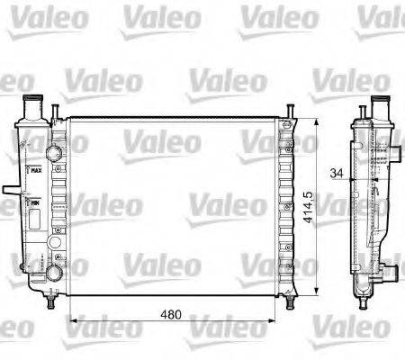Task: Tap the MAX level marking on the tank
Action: click(x=36, y=168)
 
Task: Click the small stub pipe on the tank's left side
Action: click(x=8, y=191)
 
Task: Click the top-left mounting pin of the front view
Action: click(x=56, y=111)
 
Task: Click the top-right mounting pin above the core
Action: click(x=292, y=111)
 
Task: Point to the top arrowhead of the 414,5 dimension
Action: click(x=314, y=121)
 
